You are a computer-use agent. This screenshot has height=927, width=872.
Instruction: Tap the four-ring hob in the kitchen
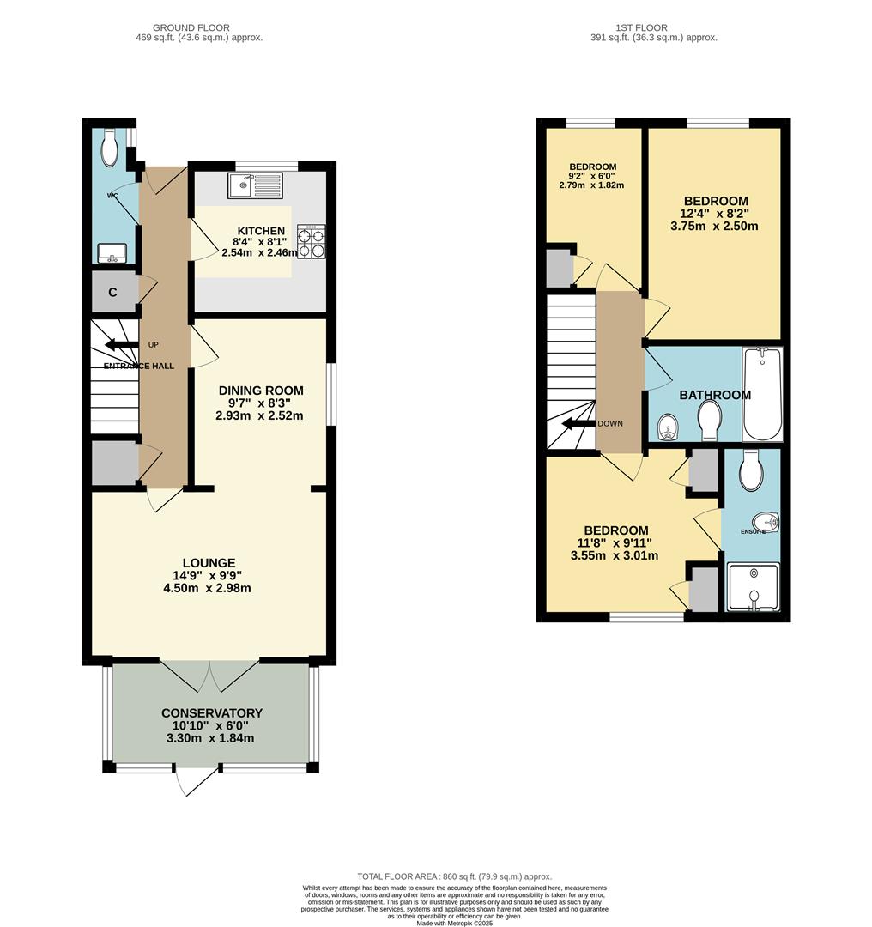click(x=311, y=241)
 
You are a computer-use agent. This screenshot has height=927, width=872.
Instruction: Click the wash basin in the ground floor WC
click(x=112, y=252)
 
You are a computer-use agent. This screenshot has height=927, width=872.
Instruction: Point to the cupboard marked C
click(x=112, y=293)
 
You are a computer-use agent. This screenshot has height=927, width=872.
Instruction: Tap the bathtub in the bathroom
click(x=761, y=394)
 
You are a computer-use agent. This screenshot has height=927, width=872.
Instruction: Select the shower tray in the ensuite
click(x=753, y=587)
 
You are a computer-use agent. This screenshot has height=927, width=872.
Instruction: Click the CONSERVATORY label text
click(x=211, y=713)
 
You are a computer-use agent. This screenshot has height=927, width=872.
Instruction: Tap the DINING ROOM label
click(x=259, y=391)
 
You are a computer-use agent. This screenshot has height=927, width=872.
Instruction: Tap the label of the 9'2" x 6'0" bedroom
click(x=592, y=167)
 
